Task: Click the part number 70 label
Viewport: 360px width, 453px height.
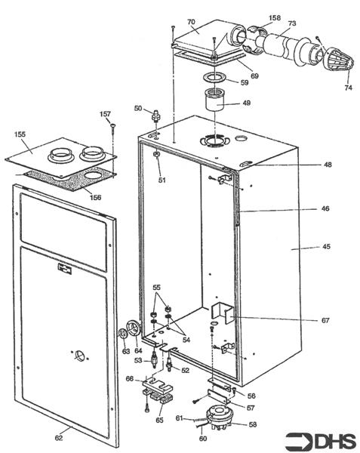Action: click(191, 22)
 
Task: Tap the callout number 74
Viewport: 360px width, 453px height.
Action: click(347, 88)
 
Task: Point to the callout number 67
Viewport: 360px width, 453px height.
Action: click(325, 320)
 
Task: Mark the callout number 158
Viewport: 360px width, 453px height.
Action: click(274, 17)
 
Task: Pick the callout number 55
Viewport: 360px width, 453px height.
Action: click(156, 289)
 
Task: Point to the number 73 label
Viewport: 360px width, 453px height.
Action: click(292, 24)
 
